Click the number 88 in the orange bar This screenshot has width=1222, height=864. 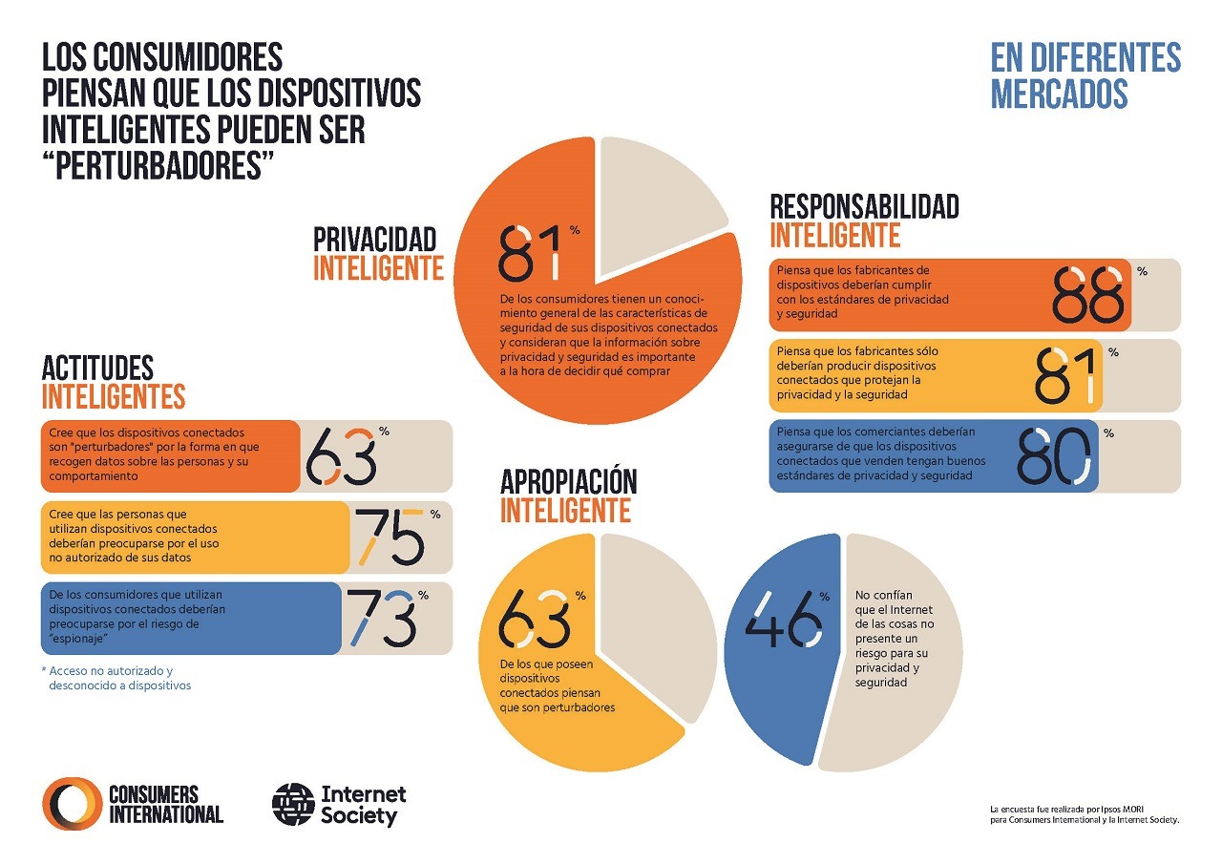pyautogui.click(x=1087, y=294)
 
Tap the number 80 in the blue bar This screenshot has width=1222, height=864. pyautogui.click(x=1052, y=455)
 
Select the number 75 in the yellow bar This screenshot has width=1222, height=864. pyautogui.click(x=390, y=537)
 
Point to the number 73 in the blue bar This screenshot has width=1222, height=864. pyautogui.click(x=381, y=618)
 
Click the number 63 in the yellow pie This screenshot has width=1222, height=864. pyautogui.click(x=535, y=618)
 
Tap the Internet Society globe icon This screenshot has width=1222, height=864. pyautogui.click(x=293, y=805)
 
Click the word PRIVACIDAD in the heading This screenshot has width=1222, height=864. pyautogui.click(x=374, y=239)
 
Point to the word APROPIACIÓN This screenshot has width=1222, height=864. pyautogui.click(x=568, y=482)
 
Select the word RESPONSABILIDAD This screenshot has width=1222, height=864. pyautogui.click(x=864, y=206)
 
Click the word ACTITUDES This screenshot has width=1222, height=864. pyautogui.click(x=97, y=368)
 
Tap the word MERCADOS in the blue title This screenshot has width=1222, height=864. pyautogui.click(x=1059, y=94)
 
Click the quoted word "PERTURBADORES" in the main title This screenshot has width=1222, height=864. pyautogui.click(x=153, y=163)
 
